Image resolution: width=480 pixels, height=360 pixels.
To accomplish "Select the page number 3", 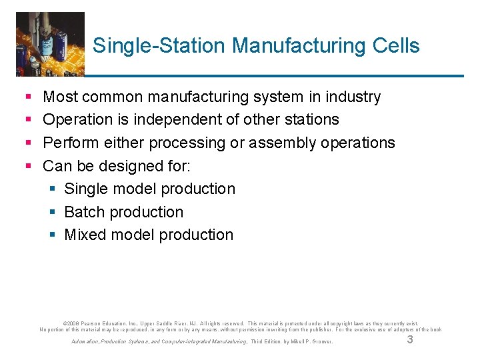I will click(x=410, y=340).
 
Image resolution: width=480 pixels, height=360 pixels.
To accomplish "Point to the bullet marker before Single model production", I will click(x=53, y=189).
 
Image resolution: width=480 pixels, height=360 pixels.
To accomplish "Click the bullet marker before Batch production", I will click(x=53, y=212).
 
